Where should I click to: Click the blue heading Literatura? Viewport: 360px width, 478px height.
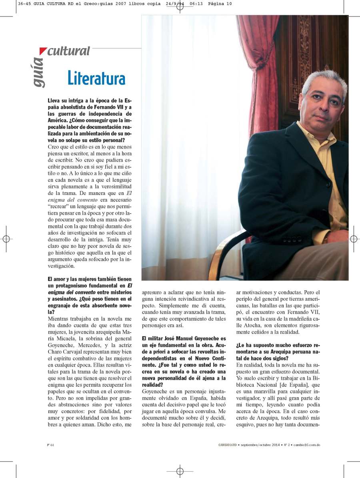click(96, 78)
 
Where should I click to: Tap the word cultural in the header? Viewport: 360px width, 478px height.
click(68, 51)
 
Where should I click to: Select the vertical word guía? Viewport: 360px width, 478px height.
click(38, 72)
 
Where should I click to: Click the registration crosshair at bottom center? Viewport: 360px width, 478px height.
click(180, 471)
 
